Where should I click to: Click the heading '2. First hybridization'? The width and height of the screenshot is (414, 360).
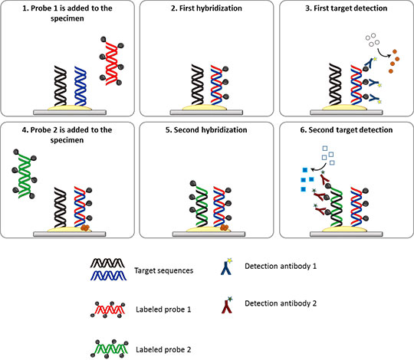[x=206, y=8]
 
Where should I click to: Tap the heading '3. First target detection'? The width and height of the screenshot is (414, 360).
[x=346, y=8]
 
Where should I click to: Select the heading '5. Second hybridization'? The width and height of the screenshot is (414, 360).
[x=206, y=129]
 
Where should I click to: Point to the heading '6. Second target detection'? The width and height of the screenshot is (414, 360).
[x=346, y=129]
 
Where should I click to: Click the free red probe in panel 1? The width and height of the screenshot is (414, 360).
[x=111, y=61]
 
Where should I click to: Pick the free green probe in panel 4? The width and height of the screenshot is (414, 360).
[x=25, y=174]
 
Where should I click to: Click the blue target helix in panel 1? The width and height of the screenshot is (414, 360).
[x=80, y=86]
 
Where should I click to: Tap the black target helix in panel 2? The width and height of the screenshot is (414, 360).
[x=198, y=84]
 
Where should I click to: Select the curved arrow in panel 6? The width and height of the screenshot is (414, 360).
[x=320, y=168]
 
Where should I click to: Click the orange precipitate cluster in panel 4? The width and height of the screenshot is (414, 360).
[x=85, y=227]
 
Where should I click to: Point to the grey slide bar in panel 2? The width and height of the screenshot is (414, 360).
[x=206, y=113]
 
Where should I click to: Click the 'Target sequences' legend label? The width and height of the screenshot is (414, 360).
[x=164, y=270]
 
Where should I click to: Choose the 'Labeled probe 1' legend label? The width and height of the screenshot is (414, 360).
[x=163, y=309]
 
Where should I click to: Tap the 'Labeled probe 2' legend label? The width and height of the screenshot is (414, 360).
[x=163, y=349]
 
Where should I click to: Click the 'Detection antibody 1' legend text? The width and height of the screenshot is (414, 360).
[x=281, y=266]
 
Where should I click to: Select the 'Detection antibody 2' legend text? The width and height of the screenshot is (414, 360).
[x=281, y=303]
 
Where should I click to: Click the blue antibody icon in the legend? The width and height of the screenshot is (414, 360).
[x=226, y=267]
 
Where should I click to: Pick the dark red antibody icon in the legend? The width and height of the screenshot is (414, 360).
[x=226, y=306]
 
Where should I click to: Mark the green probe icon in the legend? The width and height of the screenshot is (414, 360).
[x=110, y=349]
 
